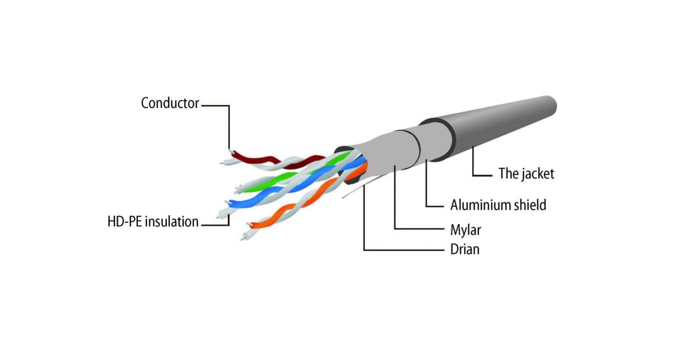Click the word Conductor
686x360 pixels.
(170, 103)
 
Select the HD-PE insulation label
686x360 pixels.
(153, 222)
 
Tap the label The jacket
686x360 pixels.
(526, 174)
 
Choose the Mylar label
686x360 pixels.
(465, 230)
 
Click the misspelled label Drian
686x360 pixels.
(465, 250)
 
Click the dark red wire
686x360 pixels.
(254, 159)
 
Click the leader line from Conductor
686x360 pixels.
(228, 123)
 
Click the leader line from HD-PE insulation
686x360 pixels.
(214, 223)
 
